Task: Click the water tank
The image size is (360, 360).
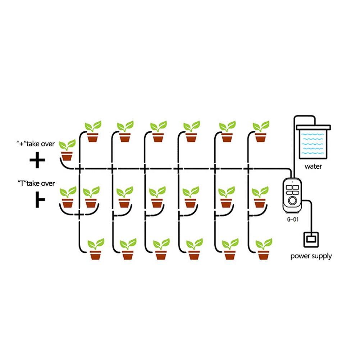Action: tap(312, 142)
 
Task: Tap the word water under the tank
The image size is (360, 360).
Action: tap(313, 167)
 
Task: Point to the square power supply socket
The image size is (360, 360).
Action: tap(311, 240)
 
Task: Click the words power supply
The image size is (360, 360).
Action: tap(311, 256)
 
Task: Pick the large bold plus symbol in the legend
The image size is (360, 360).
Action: tap(37, 161)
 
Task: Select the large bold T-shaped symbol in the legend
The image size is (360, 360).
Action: tap(39, 201)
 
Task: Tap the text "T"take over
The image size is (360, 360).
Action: tap(36, 184)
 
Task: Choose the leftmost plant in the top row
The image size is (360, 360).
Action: tap(92, 132)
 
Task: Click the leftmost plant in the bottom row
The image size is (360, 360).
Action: tap(96, 249)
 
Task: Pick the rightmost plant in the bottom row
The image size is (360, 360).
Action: tap(264, 249)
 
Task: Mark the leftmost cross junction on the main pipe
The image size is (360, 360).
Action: tap(79, 168)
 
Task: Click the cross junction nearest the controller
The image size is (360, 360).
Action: tap(248, 168)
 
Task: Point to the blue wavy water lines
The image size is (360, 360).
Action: tap(312, 143)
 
